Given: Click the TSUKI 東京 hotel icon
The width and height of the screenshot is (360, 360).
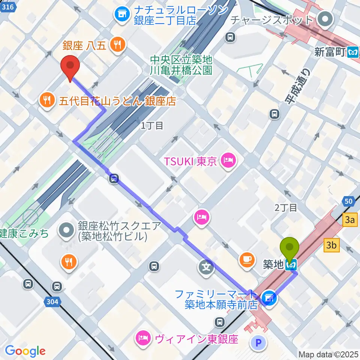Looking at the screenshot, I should tap(228, 162).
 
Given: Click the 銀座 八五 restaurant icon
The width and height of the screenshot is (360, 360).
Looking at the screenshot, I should tap(118, 45).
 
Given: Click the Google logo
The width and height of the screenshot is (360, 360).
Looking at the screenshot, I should tap(25, 351).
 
